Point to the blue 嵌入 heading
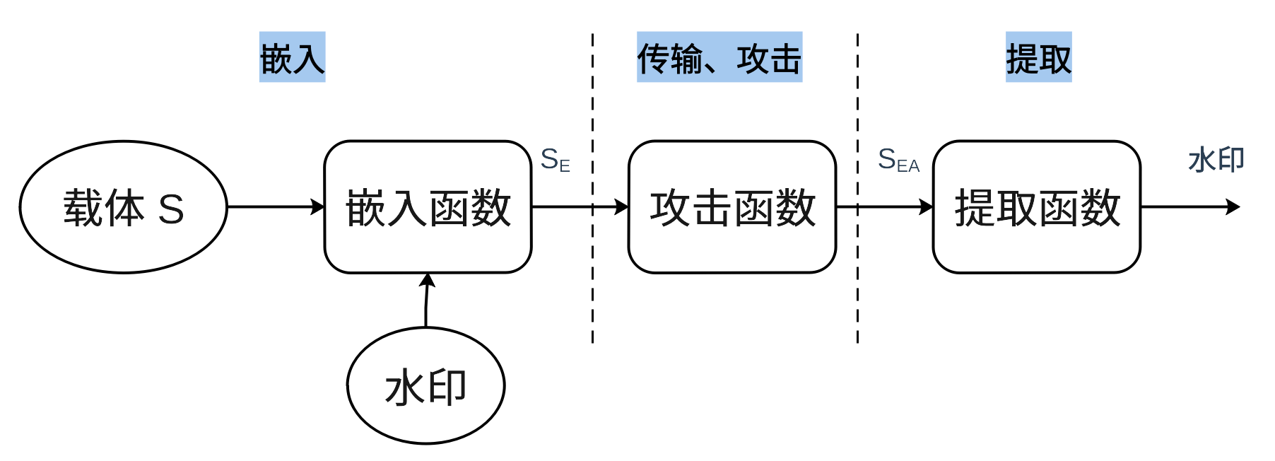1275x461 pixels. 293,57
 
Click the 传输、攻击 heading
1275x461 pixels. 719,57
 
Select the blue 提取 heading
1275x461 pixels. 1039,57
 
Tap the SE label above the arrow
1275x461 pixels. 556,160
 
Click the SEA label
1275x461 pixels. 899,160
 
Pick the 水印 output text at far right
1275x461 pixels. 1216,160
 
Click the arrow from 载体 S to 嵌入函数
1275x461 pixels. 276,207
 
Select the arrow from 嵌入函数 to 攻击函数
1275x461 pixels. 580,207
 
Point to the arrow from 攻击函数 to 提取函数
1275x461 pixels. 885,207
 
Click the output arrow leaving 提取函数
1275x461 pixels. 1191,207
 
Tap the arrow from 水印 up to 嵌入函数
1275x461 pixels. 426,300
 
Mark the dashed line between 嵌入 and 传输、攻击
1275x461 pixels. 592,188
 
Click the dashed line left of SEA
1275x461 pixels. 857,188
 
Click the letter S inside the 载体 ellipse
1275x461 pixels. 171,209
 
